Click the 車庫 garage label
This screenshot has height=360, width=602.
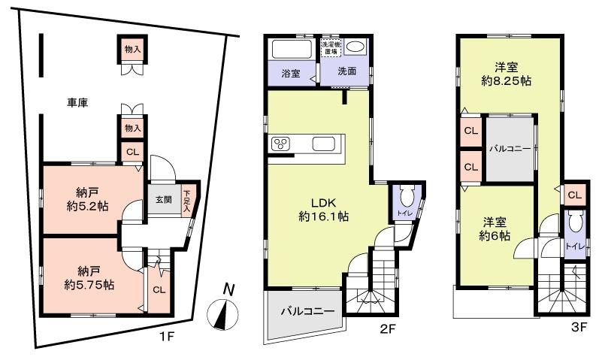(x=76, y=102)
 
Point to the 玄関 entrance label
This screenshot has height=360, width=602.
(x=164, y=200)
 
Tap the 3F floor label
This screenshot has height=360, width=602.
(x=579, y=328)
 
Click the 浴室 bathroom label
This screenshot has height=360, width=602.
(x=290, y=74)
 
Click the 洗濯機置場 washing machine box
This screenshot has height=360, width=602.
(x=331, y=47)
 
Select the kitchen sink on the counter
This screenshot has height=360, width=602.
(x=324, y=144)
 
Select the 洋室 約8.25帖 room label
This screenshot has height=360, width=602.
(x=507, y=71)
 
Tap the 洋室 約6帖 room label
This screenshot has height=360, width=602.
(x=496, y=228)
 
